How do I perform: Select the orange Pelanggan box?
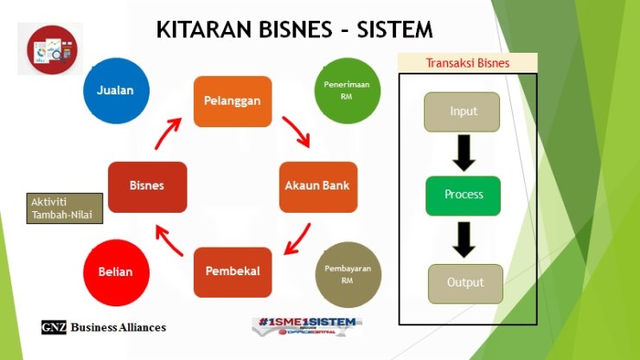[x=232, y=100]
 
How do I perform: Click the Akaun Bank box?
[x=318, y=186]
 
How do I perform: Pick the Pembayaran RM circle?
[x=348, y=273]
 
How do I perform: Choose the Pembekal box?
[x=233, y=272]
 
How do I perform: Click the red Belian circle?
[x=115, y=272]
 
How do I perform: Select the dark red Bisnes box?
[x=147, y=186]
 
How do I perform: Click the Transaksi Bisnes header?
[x=467, y=62]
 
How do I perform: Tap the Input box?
[x=463, y=112]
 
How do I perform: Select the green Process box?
[x=463, y=195]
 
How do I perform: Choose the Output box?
[x=465, y=283]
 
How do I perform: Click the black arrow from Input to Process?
[x=464, y=153]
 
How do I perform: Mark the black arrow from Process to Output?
[x=464, y=239]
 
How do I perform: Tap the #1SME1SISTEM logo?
[x=307, y=326]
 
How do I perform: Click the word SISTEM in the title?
[x=389, y=29]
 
